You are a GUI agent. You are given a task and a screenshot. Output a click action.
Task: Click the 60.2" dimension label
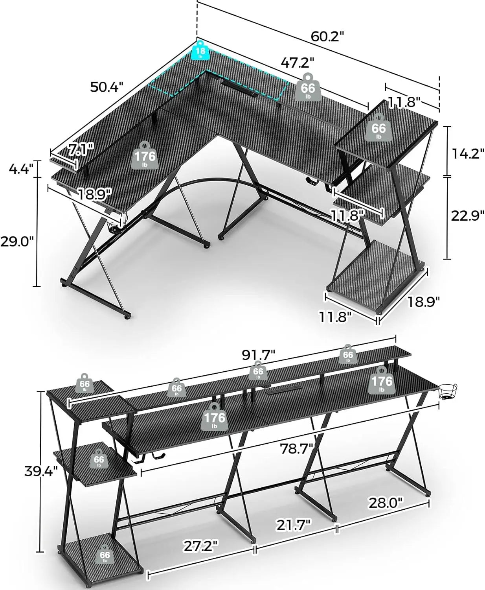coord(327,36)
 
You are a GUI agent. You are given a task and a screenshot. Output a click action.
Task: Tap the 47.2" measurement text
coord(298,62)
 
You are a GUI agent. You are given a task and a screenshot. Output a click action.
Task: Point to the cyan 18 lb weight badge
coord(200,52)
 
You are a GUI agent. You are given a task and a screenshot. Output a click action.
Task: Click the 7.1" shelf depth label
coord(81,149)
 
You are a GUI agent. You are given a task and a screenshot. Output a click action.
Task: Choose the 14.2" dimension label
coord(467,154)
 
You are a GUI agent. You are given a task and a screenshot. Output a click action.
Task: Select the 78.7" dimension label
coord(296,448)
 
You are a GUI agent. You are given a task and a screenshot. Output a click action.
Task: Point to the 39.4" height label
coord(41,471)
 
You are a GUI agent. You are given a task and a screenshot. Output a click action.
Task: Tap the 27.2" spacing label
coord(200,546)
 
